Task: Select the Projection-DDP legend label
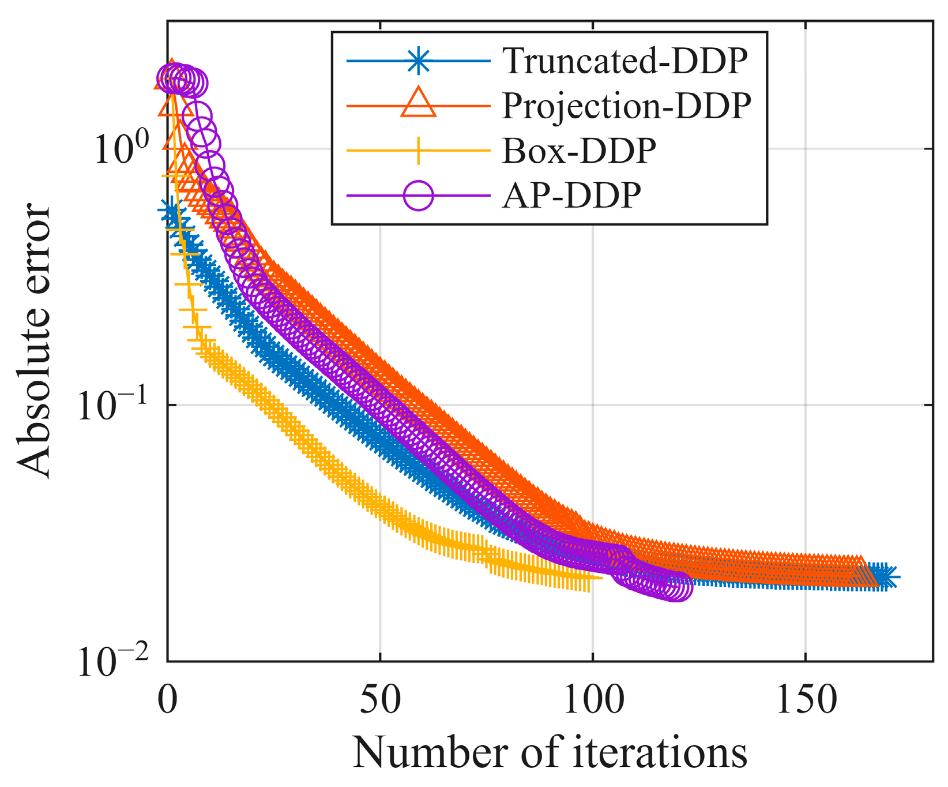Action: (627, 106)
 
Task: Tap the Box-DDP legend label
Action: (579, 151)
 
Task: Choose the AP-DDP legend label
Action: (571, 196)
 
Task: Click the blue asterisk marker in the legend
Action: (418, 61)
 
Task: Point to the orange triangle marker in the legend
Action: (418, 104)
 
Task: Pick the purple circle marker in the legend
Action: (418, 196)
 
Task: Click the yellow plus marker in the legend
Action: (418, 151)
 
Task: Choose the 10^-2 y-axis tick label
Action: (113, 660)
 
